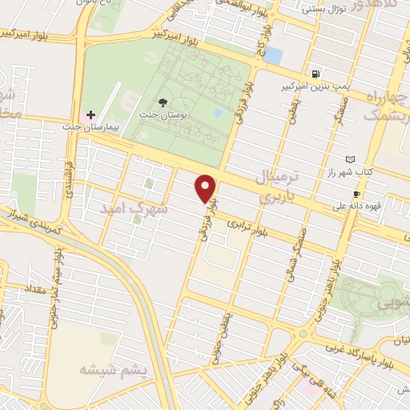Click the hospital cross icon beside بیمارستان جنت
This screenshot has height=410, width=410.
pyautogui.click(x=91, y=115)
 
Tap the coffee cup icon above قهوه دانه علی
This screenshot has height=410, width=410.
pyautogui.click(x=356, y=194)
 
